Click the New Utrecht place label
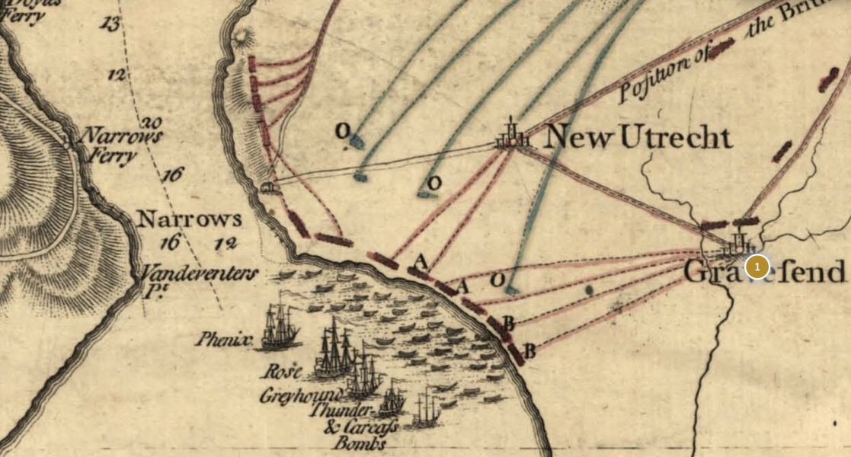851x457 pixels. pyautogui.click(x=639, y=138)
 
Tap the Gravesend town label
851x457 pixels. pyautogui.click(x=764, y=272)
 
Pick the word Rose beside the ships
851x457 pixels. pyautogui.click(x=282, y=372)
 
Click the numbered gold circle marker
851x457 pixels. pyautogui.click(x=757, y=267)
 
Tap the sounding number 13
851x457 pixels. pyautogui.click(x=110, y=24)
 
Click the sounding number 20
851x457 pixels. pyautogui.click(x=152, y=123)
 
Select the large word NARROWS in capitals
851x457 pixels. pyautogui.click(x=189, y=220)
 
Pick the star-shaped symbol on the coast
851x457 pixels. pyautogui.click(x=242, y=37)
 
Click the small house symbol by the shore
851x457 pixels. pyautogui.click(x=267, y=187)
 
